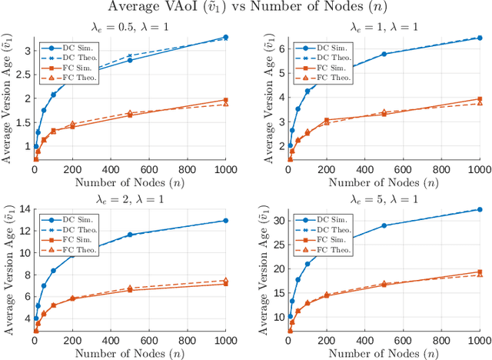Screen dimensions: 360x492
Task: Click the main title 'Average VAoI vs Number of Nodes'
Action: point(246,7)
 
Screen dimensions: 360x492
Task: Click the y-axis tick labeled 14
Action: point(23,208)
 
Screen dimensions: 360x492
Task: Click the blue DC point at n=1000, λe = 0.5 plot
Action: point(225,37)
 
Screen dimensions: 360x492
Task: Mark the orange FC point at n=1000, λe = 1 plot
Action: point(480,99)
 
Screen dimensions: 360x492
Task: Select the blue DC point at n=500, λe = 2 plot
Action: point(130,235)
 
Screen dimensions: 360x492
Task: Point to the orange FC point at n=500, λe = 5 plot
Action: point(384,285)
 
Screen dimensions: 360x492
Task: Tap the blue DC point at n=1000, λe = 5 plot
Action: point(480,209)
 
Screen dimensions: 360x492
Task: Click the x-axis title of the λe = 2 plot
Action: point(130,352)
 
